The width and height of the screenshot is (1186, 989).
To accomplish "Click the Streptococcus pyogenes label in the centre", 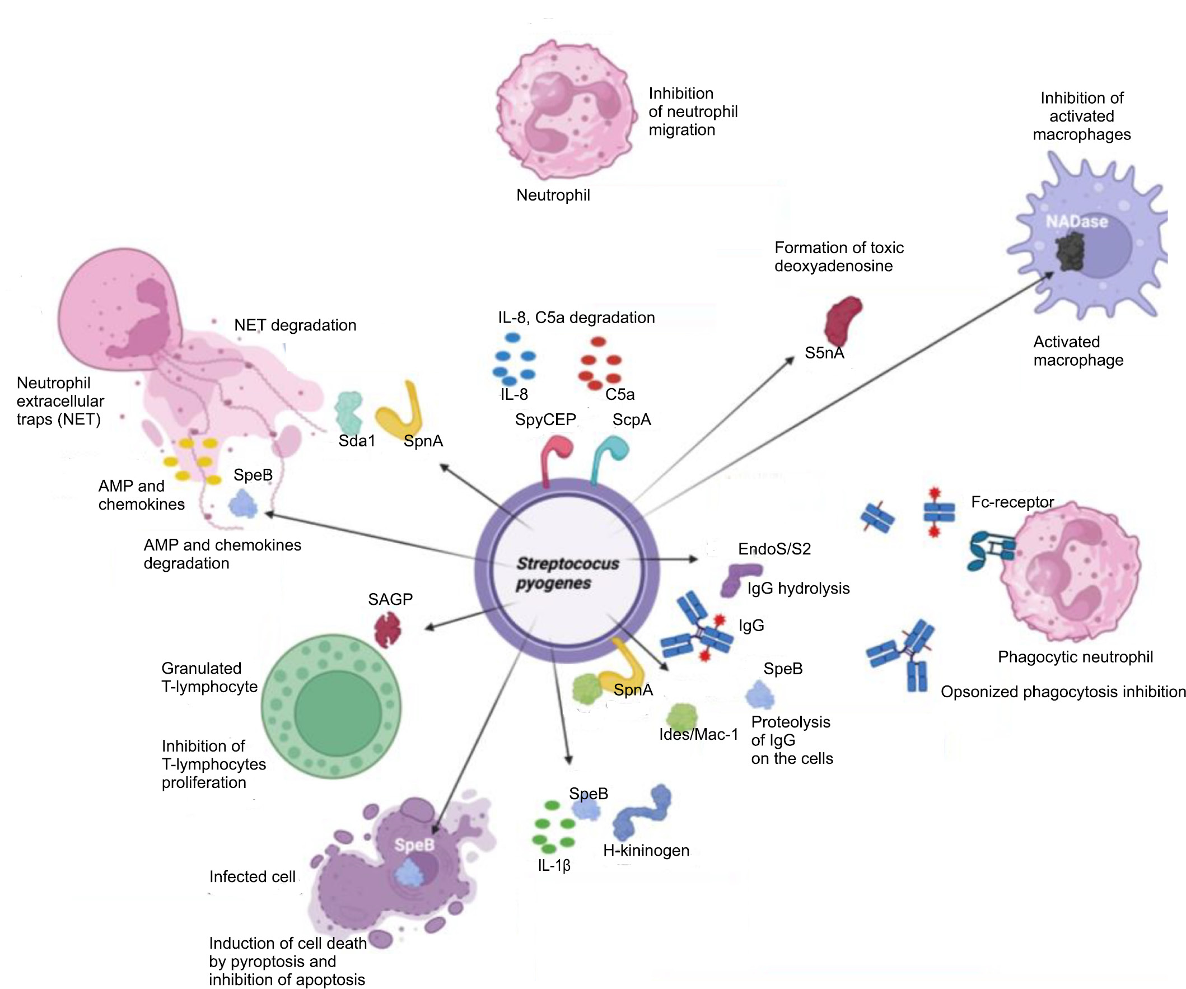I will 567,573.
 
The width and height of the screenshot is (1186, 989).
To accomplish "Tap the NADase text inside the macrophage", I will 1076,221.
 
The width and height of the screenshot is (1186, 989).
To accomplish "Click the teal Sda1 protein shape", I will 348,412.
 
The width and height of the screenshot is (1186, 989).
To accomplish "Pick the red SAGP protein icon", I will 388,629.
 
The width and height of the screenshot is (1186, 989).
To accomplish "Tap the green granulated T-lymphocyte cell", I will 331,707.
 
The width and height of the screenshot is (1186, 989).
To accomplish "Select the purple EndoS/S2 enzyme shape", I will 739,579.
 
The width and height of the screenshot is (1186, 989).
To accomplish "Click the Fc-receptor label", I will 1012,502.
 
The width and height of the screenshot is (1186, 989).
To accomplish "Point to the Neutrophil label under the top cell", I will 553,195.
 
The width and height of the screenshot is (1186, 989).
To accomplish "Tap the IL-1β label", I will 553,865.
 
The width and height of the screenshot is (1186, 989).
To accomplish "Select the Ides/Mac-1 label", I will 698,734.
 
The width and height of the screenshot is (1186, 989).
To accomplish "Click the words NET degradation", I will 295,325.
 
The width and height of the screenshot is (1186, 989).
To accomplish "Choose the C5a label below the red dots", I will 619,394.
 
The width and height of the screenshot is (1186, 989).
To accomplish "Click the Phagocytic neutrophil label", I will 1075,657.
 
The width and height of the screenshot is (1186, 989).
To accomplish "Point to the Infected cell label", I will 252,876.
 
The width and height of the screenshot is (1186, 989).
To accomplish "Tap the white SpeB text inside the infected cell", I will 414,845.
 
